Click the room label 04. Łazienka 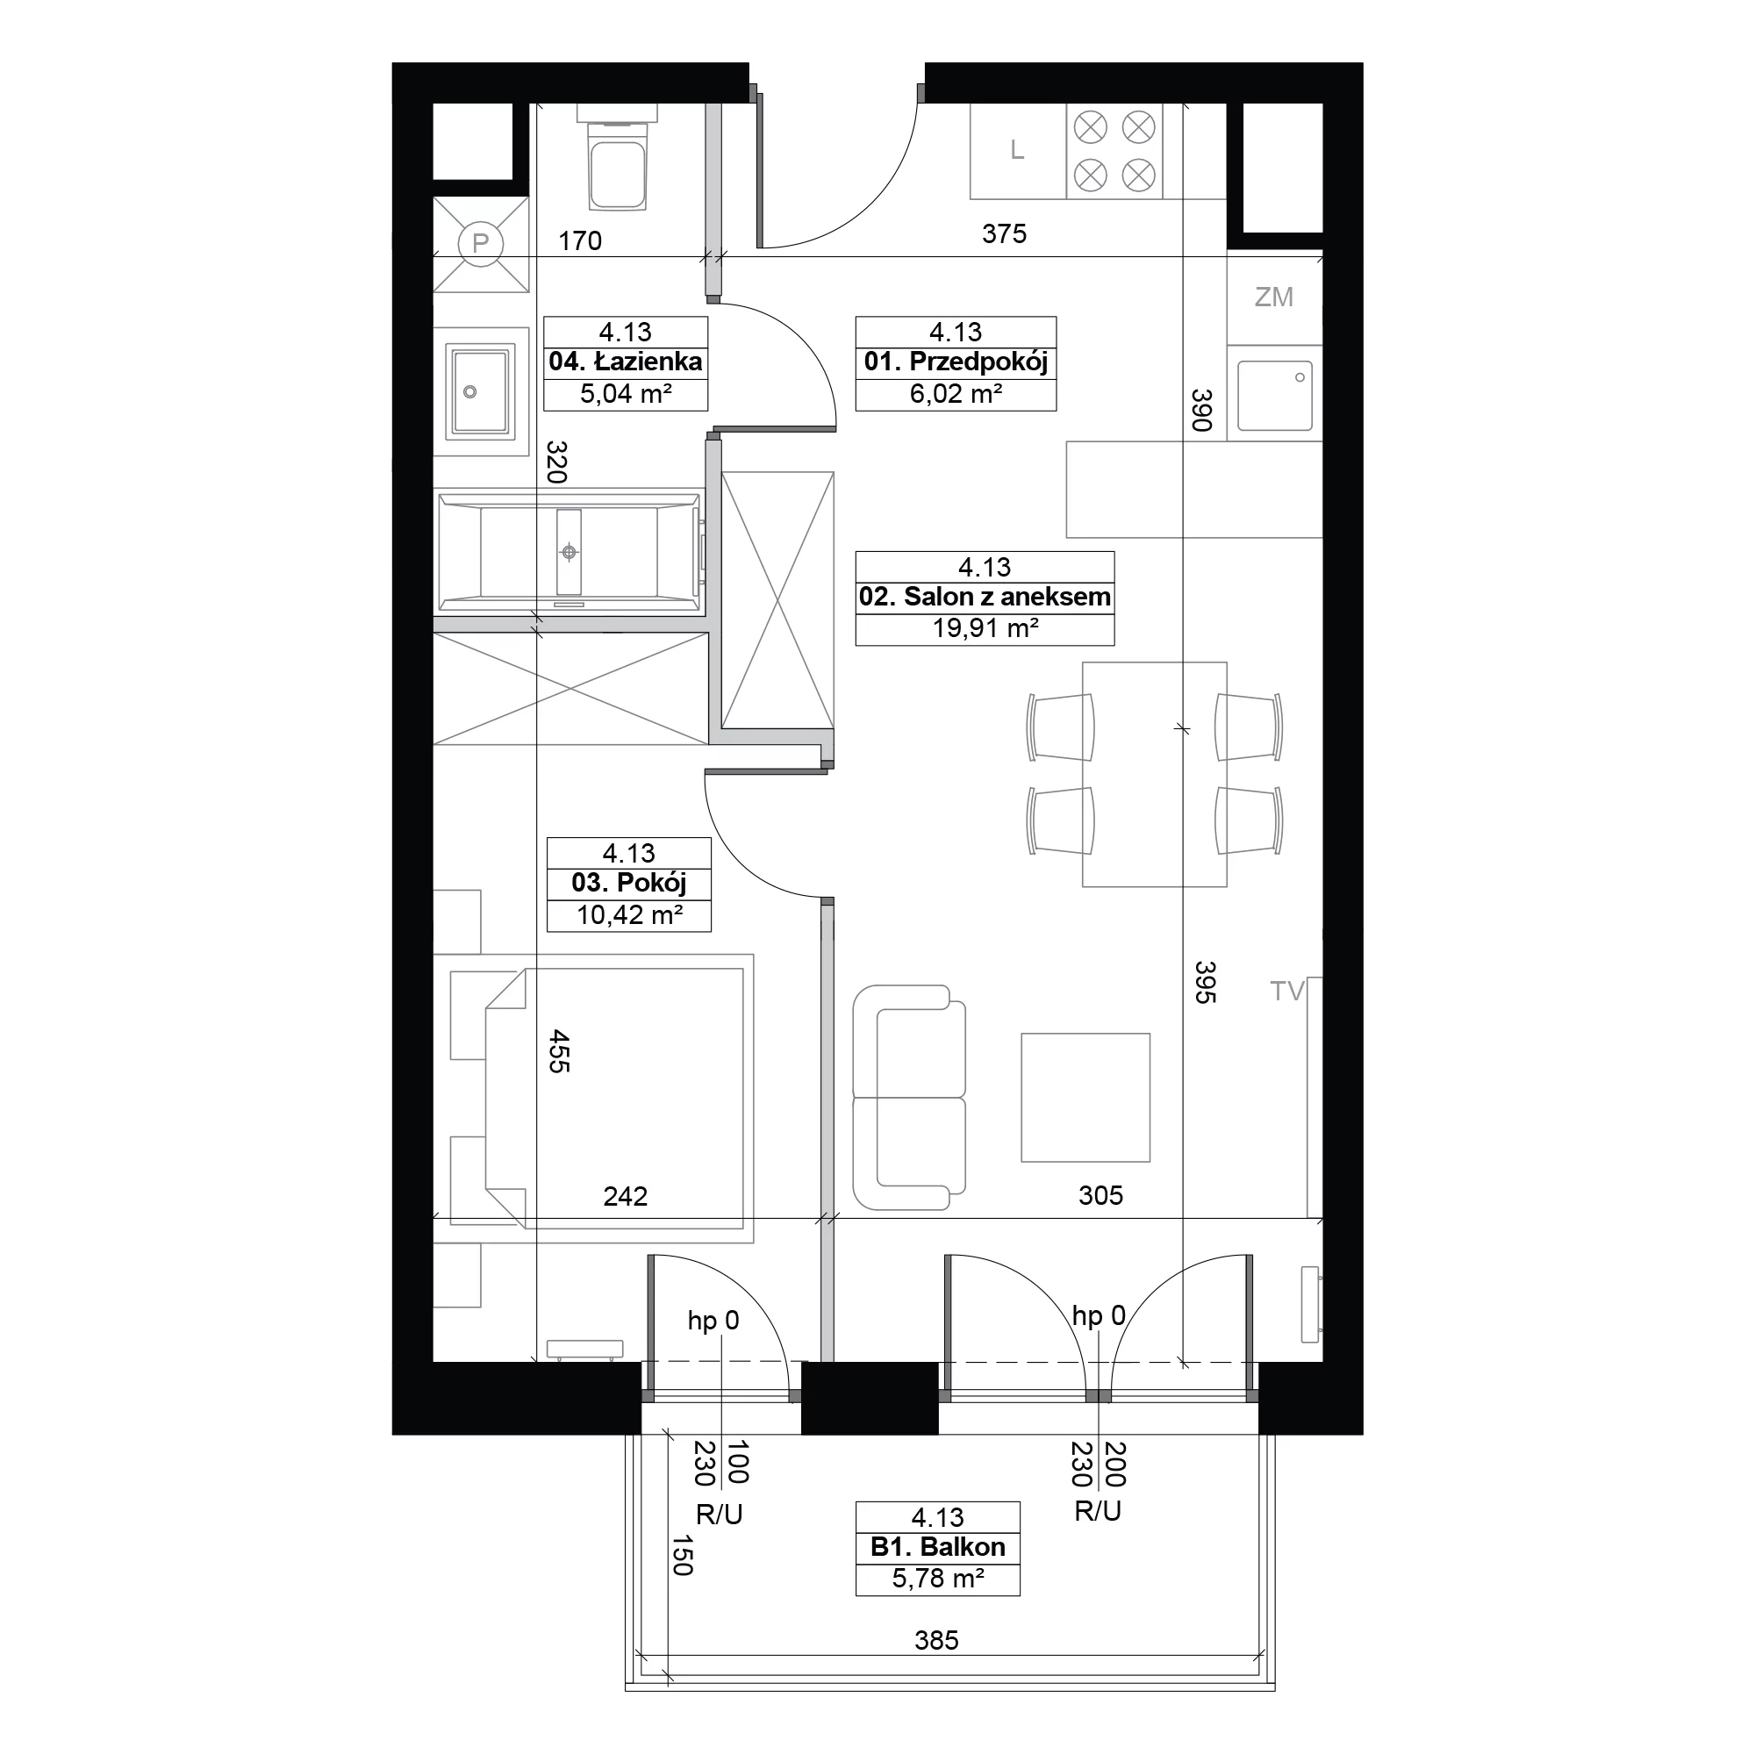tap(626, 362)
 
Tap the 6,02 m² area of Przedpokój tap(956, 393)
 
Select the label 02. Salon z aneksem tap(985, 597)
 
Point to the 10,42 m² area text tap(629, 914)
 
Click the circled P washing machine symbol tap(481, 243)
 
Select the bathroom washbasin tap(481, 391)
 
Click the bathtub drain tap(569, 551)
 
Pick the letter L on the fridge tap(1017, 150)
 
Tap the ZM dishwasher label tap(1273, 297)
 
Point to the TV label tap(1287, 991)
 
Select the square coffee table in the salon tap(1085, 1098)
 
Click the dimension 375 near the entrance tap(1004, 233)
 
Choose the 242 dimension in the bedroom tap(626, 1196)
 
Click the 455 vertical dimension tap(560, 1051)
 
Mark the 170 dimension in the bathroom tap(579, 240)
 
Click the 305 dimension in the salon tap(1101, 1195)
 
